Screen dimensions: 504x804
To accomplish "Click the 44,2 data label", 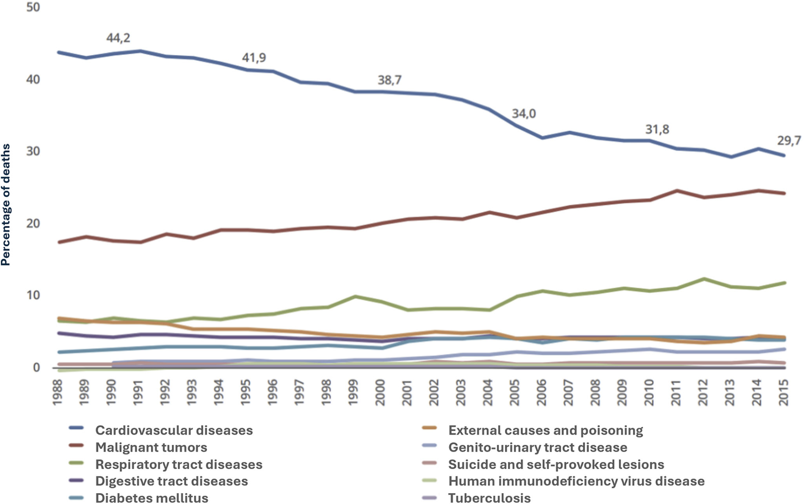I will coord(118,38).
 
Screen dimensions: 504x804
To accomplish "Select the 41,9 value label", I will coord(254,58).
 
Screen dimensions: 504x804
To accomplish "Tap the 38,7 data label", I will coord(389,80).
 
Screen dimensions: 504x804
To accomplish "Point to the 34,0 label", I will coord(524,114).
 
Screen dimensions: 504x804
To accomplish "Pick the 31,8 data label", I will coord(657,129).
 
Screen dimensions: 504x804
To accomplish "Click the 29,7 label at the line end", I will coord(789,141).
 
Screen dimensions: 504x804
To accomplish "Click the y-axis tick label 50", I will coord(33,7).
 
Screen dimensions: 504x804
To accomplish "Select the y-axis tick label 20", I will coord(33,224).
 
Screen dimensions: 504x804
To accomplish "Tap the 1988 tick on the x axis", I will coord(58,392).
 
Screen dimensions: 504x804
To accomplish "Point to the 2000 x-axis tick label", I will coord(380,392).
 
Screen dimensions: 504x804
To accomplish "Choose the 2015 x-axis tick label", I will coord(784,392).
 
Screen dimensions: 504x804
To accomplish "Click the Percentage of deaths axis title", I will coord(5,205).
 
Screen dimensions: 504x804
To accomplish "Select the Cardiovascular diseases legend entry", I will coord(174,430).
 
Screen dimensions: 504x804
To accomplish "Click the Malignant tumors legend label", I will coord(151,447).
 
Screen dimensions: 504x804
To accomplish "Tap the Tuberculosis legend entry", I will coord(489,498).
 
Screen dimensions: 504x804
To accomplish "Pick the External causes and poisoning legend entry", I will coord(545,430).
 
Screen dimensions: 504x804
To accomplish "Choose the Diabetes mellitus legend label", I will coord(152,498).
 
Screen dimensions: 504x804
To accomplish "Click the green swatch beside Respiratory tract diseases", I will coord(76,463).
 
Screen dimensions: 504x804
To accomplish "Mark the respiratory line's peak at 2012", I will coord(704,279).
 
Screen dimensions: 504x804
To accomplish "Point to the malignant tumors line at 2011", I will coord(677,191).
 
